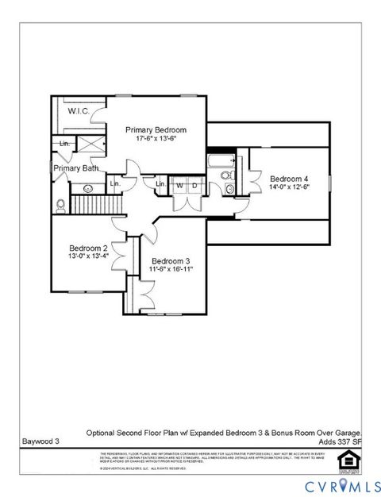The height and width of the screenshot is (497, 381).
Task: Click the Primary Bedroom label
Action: tap(156, 129)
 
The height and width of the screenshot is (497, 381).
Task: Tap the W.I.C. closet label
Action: tap(78, 110)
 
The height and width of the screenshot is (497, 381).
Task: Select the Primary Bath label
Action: tap(76, 168)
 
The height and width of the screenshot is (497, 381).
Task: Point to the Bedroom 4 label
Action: tap(288, 178)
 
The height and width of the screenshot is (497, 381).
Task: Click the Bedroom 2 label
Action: tap(87, 248)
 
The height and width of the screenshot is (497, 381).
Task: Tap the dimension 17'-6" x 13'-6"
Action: tap(156, 139)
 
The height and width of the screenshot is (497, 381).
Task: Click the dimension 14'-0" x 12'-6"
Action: tap(288, 187)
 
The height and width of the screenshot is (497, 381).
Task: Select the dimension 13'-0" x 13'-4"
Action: tap(87, 257)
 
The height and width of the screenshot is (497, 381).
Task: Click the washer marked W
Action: tap(179, 186)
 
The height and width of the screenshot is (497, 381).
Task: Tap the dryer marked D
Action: tap(193, 186)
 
